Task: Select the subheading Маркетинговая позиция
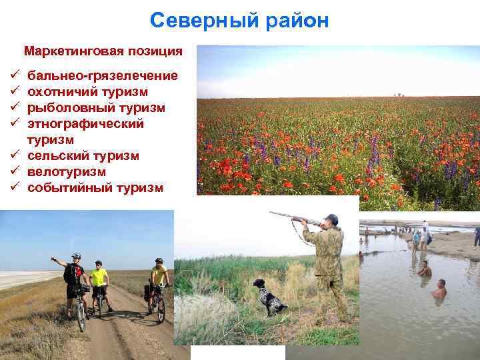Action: (103, 51)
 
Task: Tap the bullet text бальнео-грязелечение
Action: (102, 76)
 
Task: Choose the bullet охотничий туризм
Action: (87, 92)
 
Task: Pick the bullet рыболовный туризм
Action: (96, 108)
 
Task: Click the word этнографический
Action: (85, 124)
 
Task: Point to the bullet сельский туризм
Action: (83, 156)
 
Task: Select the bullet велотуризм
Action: (67, 172)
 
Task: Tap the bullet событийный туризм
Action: (95, 188)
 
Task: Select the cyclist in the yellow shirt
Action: (99, 283)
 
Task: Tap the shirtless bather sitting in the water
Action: (439, 289)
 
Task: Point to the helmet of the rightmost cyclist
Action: (159, 261)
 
